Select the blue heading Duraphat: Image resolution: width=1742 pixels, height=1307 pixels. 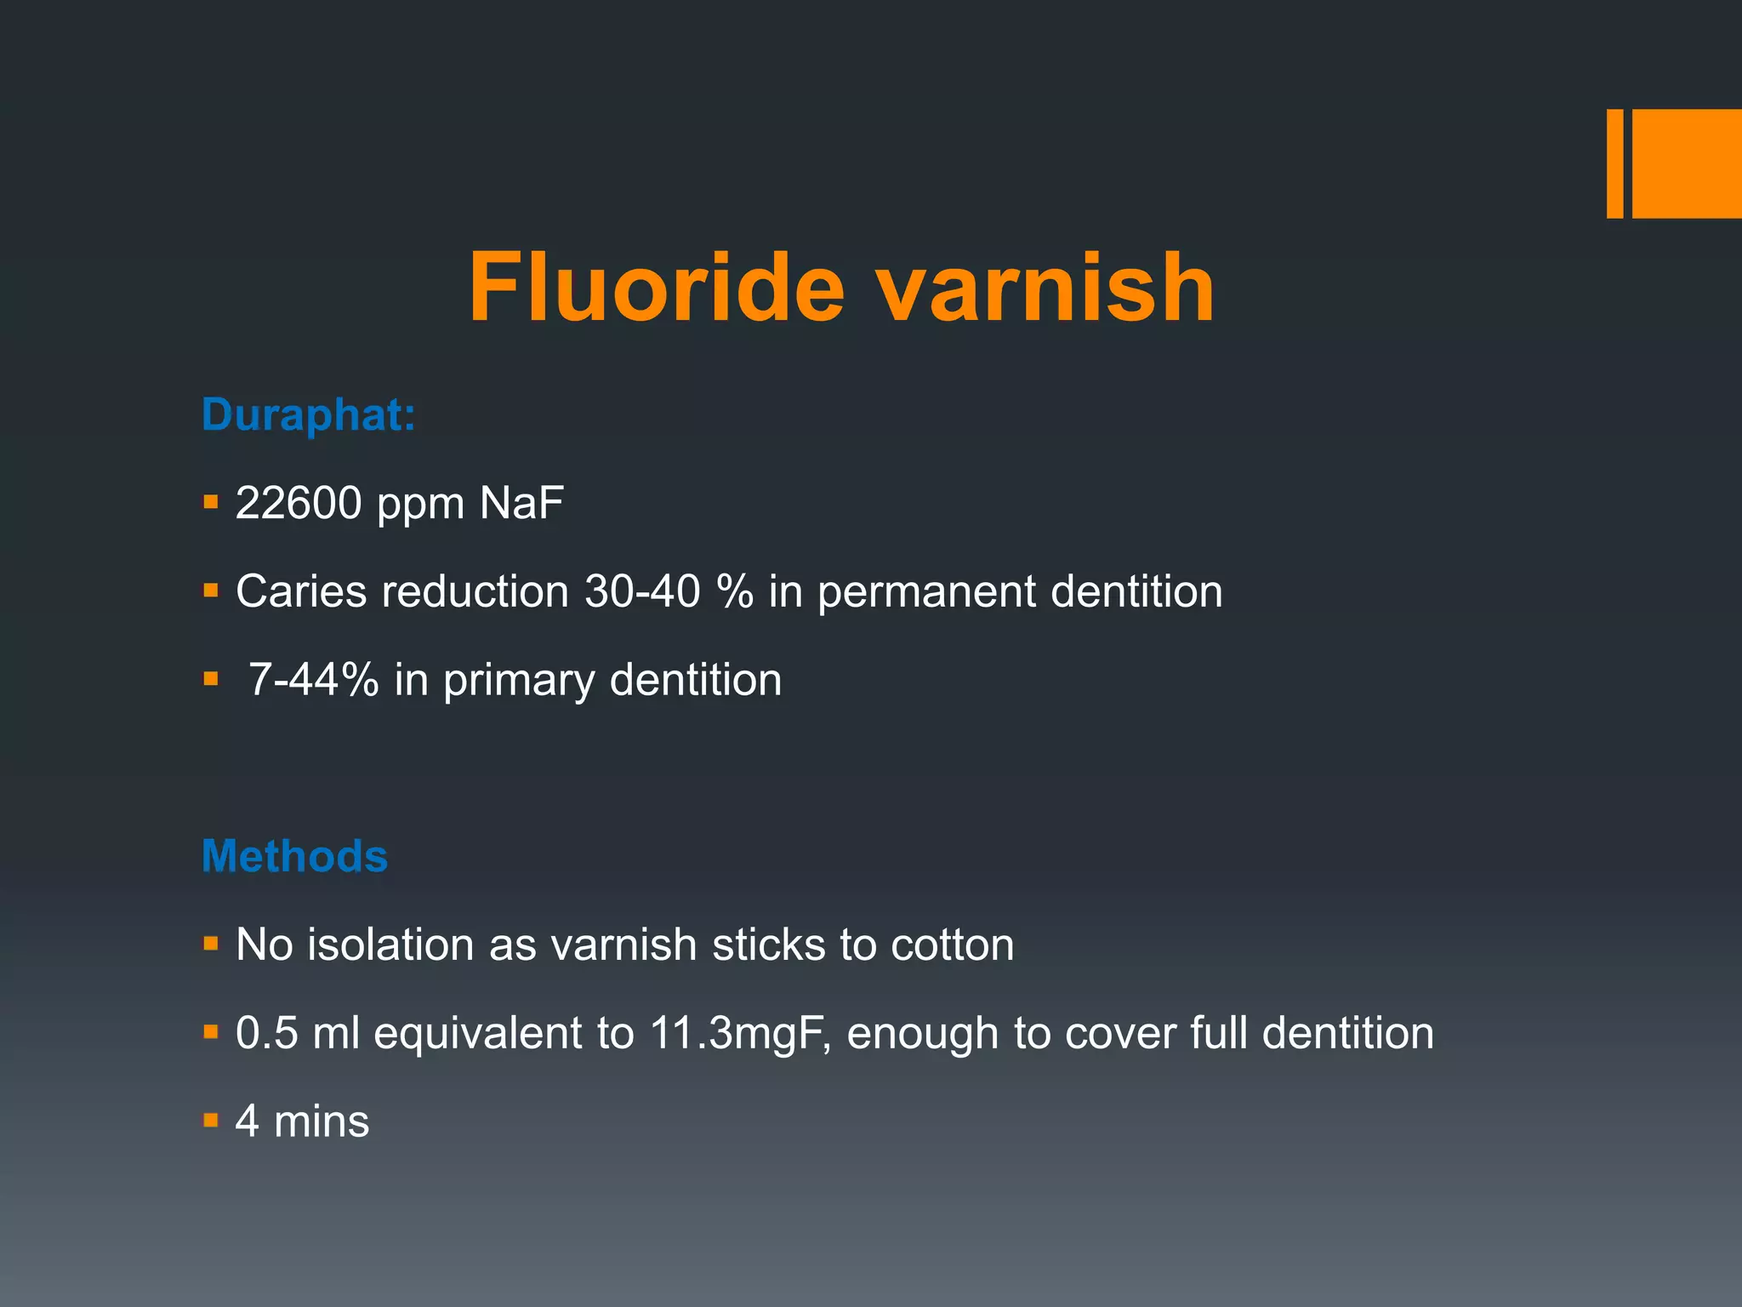(x=308, y=415)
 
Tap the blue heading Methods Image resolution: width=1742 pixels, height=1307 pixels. (x=294, y=856)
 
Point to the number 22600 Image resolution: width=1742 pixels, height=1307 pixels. (x=299, y=503)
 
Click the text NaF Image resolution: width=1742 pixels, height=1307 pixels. (x=521, y=503)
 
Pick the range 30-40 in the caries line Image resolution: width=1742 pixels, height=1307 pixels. (x=642, y=591)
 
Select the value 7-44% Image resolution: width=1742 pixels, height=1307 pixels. (x=313, y=680)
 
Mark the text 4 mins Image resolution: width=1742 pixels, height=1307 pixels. (x=302, y=1122)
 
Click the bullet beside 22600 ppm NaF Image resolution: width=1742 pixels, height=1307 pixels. (x=211, y=502)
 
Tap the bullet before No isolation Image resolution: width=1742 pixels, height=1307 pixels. (x=211, y=944)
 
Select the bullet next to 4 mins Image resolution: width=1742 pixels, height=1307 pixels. (x=211, y=1120)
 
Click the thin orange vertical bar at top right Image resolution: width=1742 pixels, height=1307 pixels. (x=1614, y=163)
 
